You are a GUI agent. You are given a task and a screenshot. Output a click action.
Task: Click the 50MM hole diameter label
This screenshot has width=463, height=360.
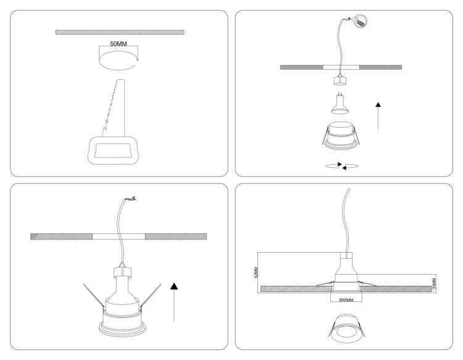(119, 44)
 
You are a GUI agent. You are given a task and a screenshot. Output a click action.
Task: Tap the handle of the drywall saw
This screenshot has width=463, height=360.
(113, 150)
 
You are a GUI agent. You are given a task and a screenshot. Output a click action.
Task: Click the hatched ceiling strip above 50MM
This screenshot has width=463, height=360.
(120, 32)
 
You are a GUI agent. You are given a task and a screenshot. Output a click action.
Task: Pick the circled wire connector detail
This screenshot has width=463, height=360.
(360, 21)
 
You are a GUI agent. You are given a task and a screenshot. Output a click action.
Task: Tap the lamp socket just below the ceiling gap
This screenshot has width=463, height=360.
(340, 80)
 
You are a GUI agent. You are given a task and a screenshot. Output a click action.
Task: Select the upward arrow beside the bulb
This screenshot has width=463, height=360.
(378, 115)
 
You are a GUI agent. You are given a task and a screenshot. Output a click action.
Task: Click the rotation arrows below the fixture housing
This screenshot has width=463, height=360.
(342, 166)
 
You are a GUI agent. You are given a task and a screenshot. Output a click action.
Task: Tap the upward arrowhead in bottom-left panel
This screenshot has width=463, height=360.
(174, 286)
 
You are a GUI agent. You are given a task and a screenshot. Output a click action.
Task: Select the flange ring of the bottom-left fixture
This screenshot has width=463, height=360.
(122, 330)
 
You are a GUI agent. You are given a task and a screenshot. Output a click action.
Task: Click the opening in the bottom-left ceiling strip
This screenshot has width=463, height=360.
(119, 237)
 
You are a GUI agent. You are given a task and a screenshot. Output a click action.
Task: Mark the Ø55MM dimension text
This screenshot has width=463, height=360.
(346, 300)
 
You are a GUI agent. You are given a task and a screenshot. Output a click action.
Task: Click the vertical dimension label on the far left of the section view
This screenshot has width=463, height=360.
(256, 272)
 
